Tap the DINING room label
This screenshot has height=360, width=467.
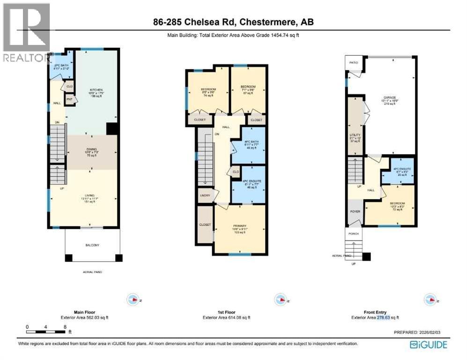click(91, 150)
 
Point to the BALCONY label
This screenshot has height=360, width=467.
click(92, 245)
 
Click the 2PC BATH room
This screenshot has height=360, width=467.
click(62, 67)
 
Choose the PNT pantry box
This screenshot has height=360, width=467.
click(69, 99)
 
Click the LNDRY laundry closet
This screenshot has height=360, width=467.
click(205, 195)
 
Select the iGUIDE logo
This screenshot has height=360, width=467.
click(428, 345)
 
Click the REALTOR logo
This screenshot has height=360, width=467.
click(26, 33)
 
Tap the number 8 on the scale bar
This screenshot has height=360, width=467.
click(64, 326)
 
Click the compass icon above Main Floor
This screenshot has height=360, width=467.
click(133, 300)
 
